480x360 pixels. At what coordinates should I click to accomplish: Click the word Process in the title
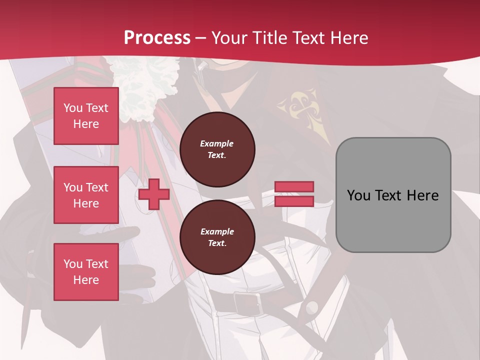coord(157,38)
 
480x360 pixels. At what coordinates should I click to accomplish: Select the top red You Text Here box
coord(86,116)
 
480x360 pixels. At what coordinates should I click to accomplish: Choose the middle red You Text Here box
coord(86,195)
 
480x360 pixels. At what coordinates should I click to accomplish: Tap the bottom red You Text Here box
coord(86,272)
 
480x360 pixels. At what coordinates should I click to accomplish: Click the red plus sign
coord(154,194)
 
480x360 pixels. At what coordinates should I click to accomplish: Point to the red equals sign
coord(294,194)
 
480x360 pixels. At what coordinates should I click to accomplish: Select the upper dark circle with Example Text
coord(217,149)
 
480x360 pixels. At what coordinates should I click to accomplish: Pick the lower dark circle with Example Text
coord(217,237)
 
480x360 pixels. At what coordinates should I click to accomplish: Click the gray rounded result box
coord(393,195)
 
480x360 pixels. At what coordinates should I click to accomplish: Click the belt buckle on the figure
coord(247,303)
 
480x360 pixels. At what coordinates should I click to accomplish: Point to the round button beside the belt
coord(312,307)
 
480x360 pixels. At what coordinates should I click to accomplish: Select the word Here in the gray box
coord(423,195)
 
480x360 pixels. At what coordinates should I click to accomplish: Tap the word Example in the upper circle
coord(217,143)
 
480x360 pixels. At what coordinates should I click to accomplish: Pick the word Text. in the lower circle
coord(217,243)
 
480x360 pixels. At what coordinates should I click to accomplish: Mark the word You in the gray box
coord(359,195)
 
